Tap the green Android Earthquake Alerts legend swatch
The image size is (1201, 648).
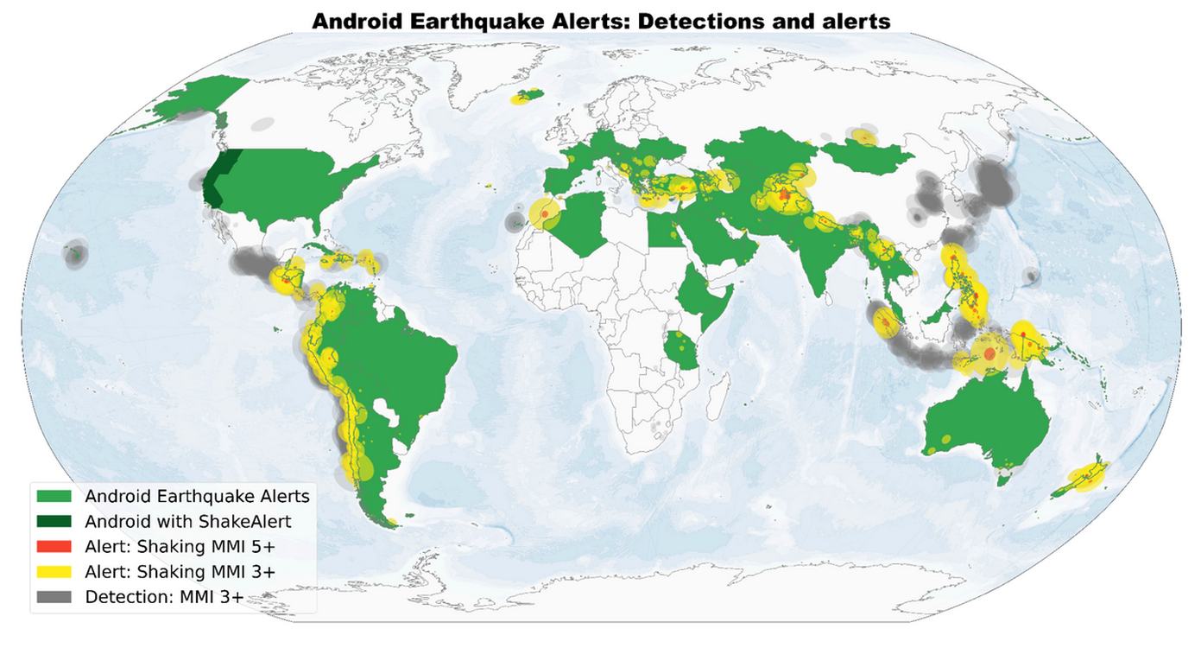click(x=54, y=496)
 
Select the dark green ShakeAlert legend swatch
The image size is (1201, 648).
click(x=54, y=521)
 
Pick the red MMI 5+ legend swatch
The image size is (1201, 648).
click(x=54, y=546)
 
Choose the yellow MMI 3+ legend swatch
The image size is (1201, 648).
click(x=54, y=571)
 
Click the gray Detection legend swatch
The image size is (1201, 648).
click(x=54, y=596)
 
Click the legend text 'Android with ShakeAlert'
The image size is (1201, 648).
click(x=187, y=521)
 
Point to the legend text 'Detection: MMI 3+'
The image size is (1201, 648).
click(x=164, y=596)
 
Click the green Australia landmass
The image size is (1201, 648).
click(x=984, y=423)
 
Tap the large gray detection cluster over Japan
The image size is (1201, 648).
click(x=995, y=183)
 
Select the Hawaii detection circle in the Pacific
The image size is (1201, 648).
click(x=76, y=254)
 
